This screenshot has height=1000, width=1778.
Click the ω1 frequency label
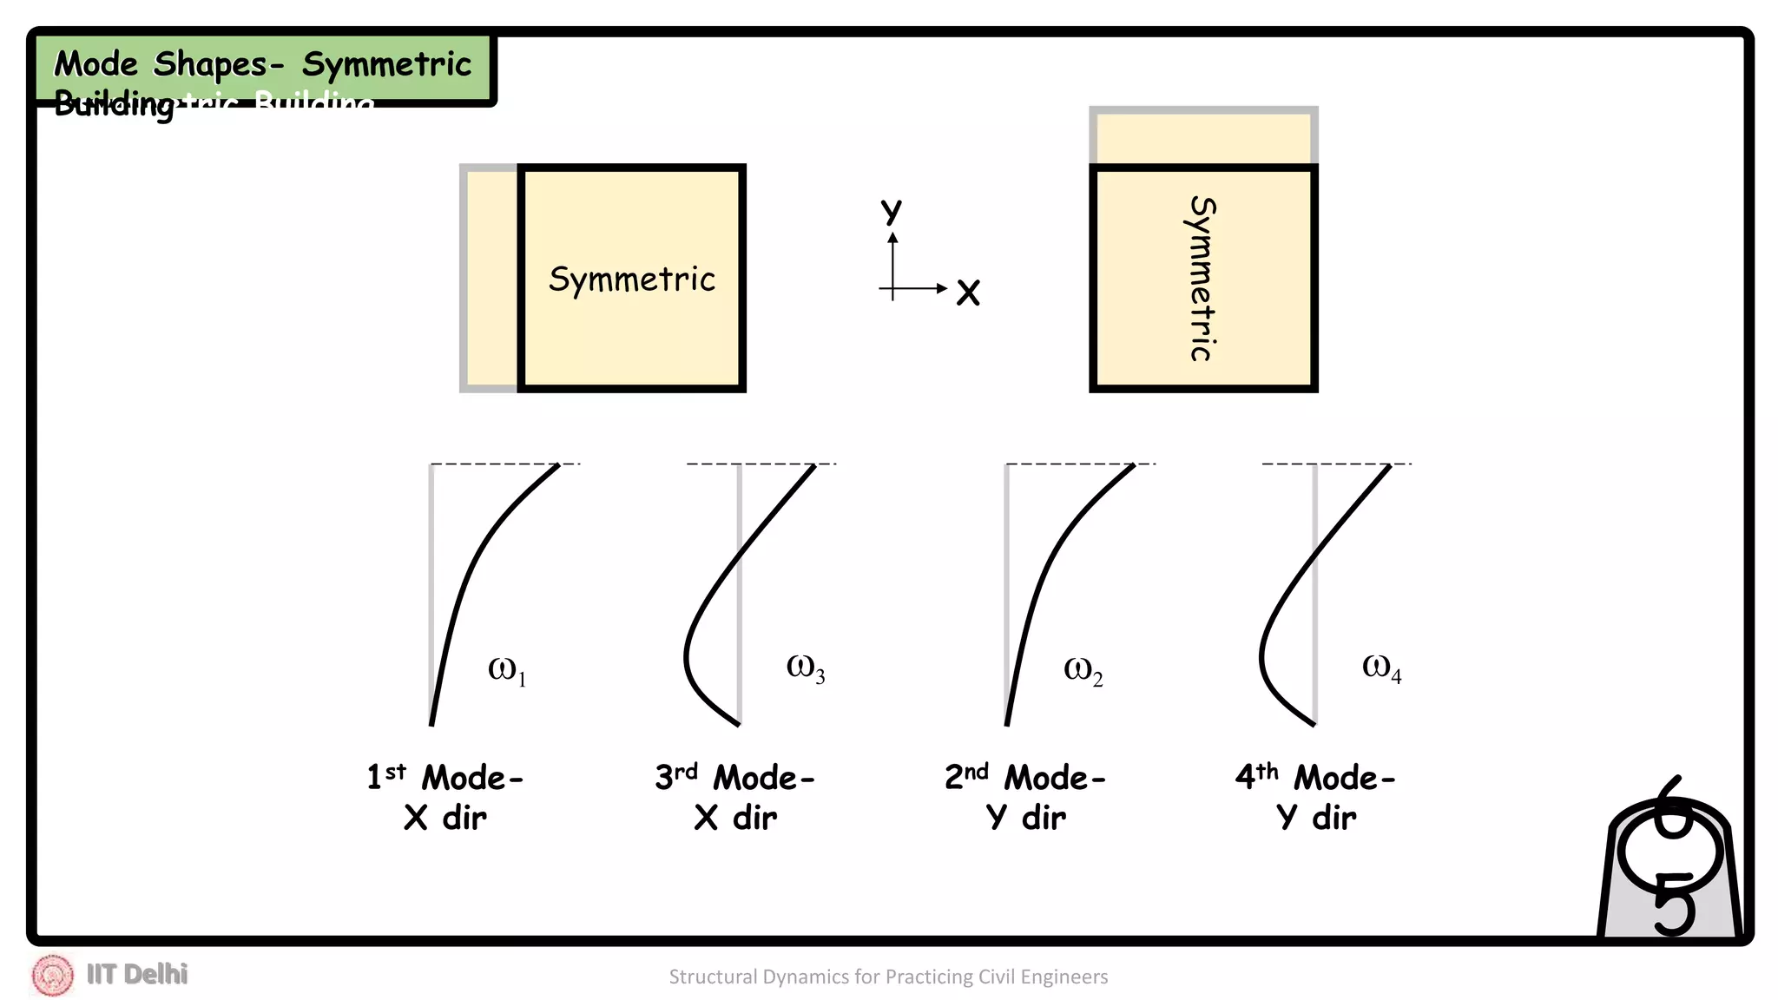tap(507, 670)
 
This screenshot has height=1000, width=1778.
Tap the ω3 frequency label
tap(805, 668)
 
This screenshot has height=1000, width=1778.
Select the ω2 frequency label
tap(1083, 670)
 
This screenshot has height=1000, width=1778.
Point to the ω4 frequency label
tap(1381, 668)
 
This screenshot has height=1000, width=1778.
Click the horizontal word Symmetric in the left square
tap(632, 280)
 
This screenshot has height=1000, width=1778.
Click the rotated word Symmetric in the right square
tap(1202, 278)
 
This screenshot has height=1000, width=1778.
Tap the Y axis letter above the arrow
tap(892, 210)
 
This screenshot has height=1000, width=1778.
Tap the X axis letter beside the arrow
tap(968, 293)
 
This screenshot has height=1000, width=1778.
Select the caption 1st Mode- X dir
tap(445, 797)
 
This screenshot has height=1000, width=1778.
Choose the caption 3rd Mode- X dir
tap(735, 797)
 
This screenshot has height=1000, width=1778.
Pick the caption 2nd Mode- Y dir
tap(1025, 797)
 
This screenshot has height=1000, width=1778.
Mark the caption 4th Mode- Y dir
tap(1315, 797)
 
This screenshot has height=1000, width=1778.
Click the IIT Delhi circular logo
tap(52, 975)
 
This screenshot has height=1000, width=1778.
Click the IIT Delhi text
tap(137, 975)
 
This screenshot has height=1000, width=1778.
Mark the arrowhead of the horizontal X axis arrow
tap(942, 288)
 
